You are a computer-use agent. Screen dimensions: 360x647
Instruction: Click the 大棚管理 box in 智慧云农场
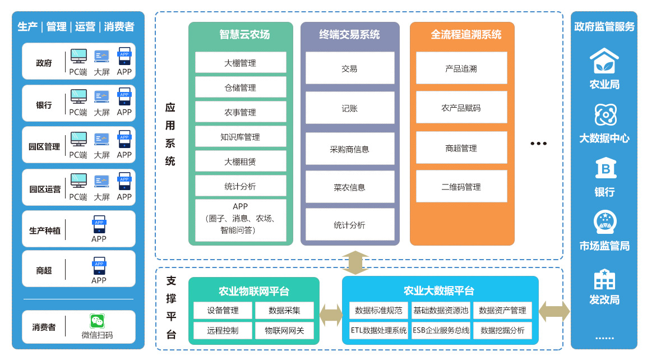click(x=241, y=63)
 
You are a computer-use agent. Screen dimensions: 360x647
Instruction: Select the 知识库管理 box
click(x=241, y=137)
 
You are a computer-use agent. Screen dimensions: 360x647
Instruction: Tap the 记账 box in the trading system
click(x=349, y=108)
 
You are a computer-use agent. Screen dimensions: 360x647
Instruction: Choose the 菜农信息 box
click(x=349, y=187)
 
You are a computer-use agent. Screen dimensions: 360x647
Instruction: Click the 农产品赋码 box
click(x=461, y=107)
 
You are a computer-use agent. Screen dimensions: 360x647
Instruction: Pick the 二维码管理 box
click(x=461, y=187)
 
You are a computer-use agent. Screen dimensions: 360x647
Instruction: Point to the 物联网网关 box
click(x=284, y=330)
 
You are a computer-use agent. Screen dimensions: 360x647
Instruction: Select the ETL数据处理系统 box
click(x=378, y=330)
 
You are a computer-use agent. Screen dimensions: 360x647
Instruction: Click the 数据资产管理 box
click(x=502, y=310)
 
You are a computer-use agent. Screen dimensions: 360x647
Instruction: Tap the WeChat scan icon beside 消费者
click(x=97, y=321)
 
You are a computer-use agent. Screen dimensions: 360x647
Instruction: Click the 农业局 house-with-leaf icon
click(x=604, y=61)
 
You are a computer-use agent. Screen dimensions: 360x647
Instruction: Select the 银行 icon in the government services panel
click(x=604, y=169)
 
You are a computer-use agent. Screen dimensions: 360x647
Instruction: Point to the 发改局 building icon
click(x=604, y=279)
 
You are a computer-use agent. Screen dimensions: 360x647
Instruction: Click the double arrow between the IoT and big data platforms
click(x=331, y=315)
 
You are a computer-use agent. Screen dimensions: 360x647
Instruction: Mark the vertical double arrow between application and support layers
click(x=355, y=262)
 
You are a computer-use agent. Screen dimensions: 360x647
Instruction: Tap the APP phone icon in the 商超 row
click(x=99, y=265)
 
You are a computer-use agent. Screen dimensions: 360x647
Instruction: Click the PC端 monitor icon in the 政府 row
click(x=78, y=56)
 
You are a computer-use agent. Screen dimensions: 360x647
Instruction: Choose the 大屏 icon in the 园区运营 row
click(x=101, y=181)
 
